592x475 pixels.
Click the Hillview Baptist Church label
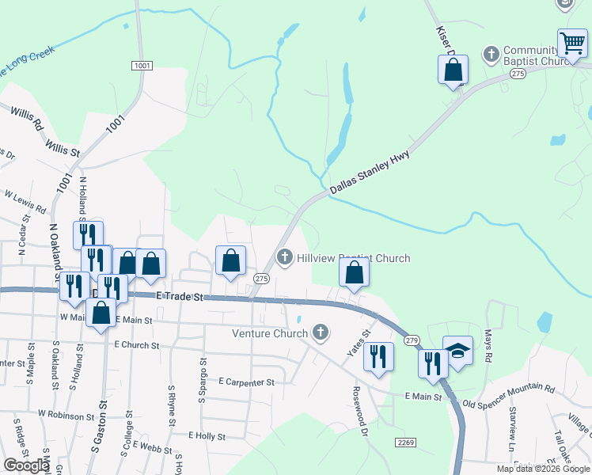pos(353,258)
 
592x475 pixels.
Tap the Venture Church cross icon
pos(321,332)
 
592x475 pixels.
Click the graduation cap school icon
pos(457,350)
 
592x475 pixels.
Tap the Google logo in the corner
pos(25,465)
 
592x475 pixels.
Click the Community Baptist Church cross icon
pos(491,54)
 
